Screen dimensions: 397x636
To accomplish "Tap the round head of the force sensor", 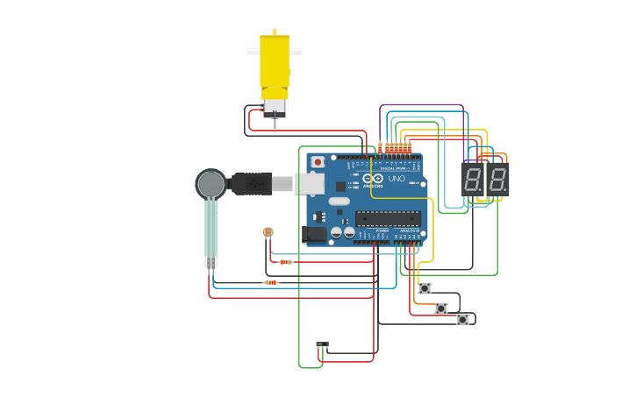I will click(x=211, y=184).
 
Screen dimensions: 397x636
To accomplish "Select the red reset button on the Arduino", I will click(x=317, y=162).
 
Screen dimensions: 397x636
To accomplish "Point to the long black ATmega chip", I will click(x=387, y=218).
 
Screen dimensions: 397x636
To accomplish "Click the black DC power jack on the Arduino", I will click(x=313, y=233).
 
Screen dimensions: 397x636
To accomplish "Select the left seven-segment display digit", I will click(x=473, y=181).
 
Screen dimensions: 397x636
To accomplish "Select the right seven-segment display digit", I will click(x=497, y=181).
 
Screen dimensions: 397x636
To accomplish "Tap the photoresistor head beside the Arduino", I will click(x=268, y=232).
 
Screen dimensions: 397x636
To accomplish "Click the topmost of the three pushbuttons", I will click(x=425, y=288).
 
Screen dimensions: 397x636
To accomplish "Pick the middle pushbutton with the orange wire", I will click(x=441, y=308).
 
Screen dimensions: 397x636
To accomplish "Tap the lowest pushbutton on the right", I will click(x=462, y=320).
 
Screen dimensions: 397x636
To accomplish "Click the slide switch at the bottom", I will click(x=322, y=344).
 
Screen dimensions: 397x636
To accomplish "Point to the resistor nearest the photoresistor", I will click(x=285, y=261).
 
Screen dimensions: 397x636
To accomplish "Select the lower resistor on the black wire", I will click(x=271, y=282).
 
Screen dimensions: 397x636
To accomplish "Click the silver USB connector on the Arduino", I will click(x=310, y=183).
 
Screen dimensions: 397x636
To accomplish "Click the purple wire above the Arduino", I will click(x=421, y=105).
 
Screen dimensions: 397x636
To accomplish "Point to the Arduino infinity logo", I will click(x=373, y=178).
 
